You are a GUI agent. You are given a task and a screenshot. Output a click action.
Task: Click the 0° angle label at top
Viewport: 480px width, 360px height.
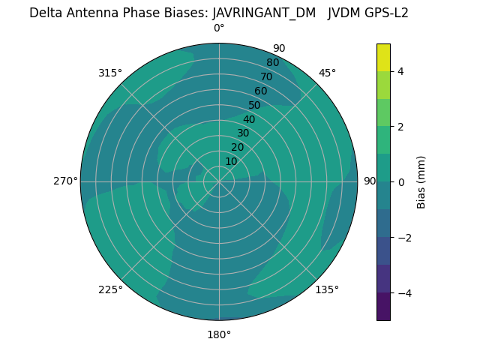[x=219, y=28]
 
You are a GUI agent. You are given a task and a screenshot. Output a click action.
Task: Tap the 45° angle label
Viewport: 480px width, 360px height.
[x=327, y=73]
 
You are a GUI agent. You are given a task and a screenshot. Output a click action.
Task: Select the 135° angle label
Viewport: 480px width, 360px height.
[x=327, y=289]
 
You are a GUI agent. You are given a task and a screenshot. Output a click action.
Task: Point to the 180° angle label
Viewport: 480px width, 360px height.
[x=219, y=334]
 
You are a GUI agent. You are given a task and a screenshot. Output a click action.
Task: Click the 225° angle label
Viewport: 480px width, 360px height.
[x=110, y=289]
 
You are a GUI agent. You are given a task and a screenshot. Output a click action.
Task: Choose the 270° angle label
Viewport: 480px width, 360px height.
[x=65, y=181]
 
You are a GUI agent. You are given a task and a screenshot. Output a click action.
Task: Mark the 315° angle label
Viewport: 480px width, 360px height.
[x=110, y=73]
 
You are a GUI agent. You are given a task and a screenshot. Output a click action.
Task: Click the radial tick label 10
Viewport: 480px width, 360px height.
[x=231, y=161]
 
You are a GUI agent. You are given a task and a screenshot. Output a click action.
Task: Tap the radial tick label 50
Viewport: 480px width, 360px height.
[x=255, y=105]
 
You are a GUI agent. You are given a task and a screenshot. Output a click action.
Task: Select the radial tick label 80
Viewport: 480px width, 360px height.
[x=272, y=63]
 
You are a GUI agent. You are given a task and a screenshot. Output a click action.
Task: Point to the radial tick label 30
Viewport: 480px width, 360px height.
[x=243, y=133]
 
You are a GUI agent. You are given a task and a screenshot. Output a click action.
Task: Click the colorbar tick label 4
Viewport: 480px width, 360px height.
[x=401, y=71]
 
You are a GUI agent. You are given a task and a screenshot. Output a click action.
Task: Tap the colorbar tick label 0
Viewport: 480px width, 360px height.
[x=401, y=181]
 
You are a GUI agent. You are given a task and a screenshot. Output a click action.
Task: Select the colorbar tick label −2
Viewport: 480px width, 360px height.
[x=404, y=237]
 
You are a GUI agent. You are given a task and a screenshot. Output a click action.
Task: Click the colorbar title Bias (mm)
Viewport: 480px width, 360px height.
[x=421, y=182]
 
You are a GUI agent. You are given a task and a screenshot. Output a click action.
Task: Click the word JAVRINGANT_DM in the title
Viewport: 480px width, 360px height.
[x=264, y=13]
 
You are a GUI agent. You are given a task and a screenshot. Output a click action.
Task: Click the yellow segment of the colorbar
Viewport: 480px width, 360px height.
[x=383, y=58]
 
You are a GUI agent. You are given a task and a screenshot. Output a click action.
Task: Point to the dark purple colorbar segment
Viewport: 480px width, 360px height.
[x=383, y=306]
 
